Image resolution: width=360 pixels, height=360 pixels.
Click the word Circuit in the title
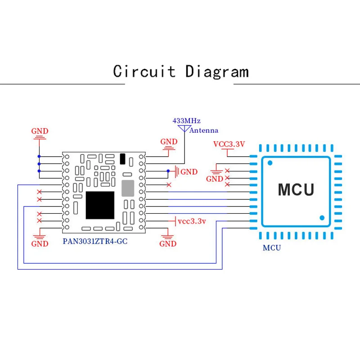[x=144, y=72]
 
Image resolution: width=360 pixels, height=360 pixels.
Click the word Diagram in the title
[x=217, y=72]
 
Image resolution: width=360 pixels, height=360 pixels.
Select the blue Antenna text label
[x=204, y=130]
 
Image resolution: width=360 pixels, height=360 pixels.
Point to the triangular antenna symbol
[x=184, y=129]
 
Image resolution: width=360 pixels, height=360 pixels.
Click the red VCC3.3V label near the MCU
[x=229, y=144]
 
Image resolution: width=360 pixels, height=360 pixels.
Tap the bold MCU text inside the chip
[x=295, y=189]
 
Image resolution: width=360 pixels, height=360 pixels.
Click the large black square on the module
[x=100, y=206]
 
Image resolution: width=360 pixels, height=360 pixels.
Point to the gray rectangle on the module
[x=128, y=188]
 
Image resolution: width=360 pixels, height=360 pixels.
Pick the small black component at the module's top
[x=123, y=158]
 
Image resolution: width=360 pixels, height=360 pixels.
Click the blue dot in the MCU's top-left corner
[x=270, y=162]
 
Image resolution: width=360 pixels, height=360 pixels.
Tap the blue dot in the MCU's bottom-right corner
[x=322, y=217]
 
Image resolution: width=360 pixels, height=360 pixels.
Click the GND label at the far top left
[x=40, y=131]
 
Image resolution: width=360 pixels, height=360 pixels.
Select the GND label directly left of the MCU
[x=215, y=179]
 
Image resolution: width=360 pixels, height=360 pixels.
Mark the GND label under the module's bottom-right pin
[x=168, y=244]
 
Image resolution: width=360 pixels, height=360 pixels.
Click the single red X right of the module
[x=169, y=185]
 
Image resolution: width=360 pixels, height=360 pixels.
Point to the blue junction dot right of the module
[x=168, y=171]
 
